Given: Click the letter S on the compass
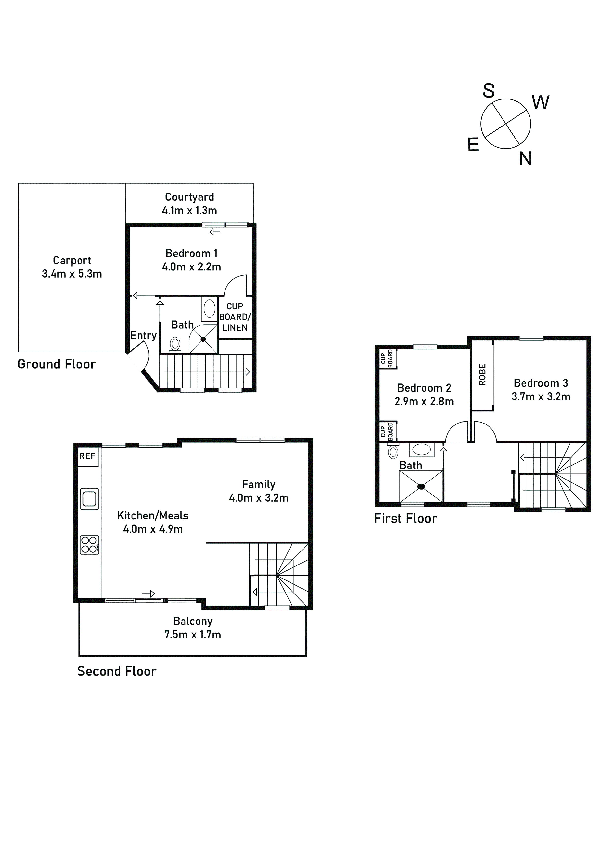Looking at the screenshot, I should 488,90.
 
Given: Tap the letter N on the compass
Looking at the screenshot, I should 525,159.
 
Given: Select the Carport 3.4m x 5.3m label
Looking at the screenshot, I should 72,267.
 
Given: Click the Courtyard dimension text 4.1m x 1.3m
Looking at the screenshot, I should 189,210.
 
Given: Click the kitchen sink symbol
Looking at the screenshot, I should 90,499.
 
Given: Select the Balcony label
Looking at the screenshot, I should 193,621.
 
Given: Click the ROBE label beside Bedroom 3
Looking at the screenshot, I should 482,375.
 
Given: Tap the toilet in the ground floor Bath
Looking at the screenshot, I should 175,343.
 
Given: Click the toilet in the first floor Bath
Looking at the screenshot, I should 393,452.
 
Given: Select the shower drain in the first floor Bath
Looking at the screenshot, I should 421,487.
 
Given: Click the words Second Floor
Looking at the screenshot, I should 117,671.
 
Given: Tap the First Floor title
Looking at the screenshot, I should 405,519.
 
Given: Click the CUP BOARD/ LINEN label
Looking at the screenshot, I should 235,317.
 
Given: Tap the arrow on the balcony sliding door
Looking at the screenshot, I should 148,594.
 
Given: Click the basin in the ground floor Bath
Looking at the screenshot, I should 209,309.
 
